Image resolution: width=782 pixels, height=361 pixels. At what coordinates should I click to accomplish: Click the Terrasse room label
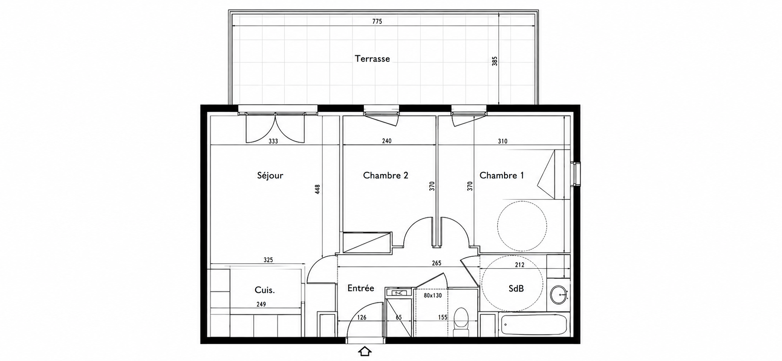point(372,59)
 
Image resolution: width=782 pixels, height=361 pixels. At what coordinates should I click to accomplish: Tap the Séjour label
point(270,175)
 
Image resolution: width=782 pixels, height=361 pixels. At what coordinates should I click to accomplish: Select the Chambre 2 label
point(385,175)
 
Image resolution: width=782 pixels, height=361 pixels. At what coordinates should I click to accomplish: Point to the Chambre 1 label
point(502,175)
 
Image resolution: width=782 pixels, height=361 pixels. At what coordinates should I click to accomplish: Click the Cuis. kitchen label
point(265,290)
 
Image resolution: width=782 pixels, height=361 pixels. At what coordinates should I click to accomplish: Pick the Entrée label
point(360,288)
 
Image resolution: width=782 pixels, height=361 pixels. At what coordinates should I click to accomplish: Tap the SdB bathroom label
point(516,289)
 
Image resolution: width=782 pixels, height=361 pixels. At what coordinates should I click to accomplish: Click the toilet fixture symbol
point(460,322)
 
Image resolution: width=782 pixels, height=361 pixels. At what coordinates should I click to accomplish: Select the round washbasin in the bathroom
point(559,294)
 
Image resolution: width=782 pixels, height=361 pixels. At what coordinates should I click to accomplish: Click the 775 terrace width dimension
point(377,22)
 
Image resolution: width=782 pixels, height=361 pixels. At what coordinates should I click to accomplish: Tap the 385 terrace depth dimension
point(494,61)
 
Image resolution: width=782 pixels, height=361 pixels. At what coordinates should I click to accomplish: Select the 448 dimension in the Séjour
point(317,189)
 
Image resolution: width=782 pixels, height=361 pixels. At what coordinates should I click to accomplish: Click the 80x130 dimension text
point(433,295)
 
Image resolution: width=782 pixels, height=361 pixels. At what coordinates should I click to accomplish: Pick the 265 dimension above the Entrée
point(436,263)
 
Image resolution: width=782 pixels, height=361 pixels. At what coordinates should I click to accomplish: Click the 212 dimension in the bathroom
point(519,265)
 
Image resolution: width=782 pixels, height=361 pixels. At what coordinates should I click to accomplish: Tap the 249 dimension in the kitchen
point(261,304)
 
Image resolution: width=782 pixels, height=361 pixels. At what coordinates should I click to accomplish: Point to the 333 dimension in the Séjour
point(273,142)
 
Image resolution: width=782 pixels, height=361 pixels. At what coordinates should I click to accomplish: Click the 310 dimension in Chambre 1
point(502,142)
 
